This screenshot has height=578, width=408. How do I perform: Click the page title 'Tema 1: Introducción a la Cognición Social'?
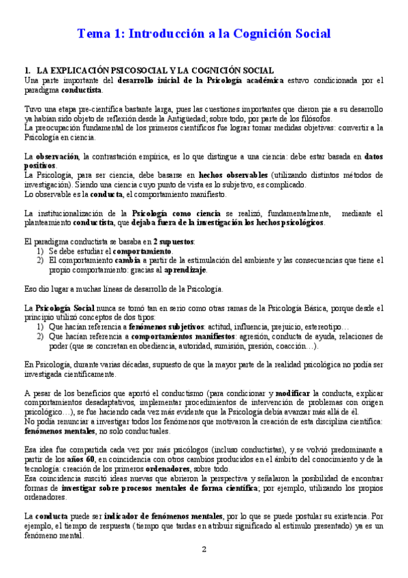[204, 33]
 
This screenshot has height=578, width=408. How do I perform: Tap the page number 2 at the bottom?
[204, 549]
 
